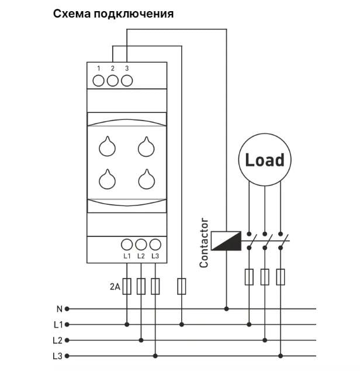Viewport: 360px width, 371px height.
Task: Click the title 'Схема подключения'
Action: tap(113, 13)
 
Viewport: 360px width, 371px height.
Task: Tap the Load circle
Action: tap(265, 160)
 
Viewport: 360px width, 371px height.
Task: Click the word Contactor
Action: tap(204, 243)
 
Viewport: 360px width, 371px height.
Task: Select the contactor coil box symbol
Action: tap(226, 241)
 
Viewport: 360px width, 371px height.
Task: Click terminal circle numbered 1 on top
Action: tap(99, 80)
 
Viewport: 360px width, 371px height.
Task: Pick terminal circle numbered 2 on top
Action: tap(113, 80)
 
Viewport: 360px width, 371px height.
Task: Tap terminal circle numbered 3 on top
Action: tap(127, 80)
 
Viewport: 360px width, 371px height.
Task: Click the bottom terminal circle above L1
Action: tap(127, 245)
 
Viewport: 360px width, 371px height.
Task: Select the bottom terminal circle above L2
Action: tap(141, 245)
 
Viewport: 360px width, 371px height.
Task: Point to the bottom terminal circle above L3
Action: tap(155, 245)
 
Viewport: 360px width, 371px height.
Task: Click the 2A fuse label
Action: tap(115, 287)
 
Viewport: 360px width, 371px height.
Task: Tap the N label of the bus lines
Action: tap(59, 308)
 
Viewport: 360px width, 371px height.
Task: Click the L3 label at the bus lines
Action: tap(57, 356)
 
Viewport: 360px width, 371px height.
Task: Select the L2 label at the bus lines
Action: tap(57, 340)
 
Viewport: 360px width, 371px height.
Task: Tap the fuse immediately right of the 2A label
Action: tap(127, 286)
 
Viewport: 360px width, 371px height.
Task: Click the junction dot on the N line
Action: tap(226, 308)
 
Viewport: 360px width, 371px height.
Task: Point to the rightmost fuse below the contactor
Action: tap(282, 277)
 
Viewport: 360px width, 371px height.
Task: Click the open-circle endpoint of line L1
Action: tap(67, 324)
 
